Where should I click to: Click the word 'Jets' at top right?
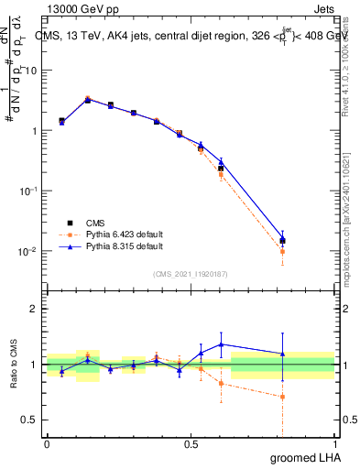(x=323, y=8)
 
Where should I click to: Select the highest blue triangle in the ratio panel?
(x=221, y=344)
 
